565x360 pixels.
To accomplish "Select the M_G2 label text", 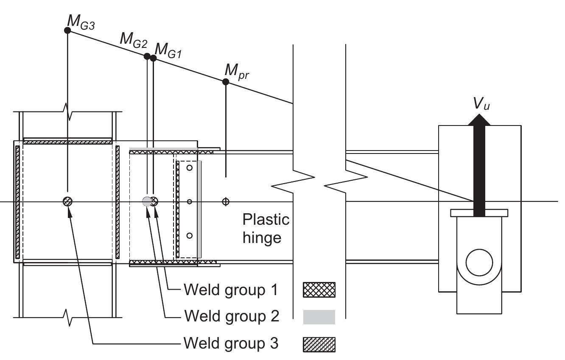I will [134, 39].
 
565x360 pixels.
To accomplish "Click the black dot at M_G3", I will [67, 30].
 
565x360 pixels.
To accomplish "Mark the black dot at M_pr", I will [226, 82].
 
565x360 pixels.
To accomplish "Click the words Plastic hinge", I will [266, 228].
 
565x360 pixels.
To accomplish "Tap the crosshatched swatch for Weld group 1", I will [319, 290].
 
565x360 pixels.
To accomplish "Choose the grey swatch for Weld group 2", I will [319, 317].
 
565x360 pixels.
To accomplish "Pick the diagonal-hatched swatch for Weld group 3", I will [319, 344].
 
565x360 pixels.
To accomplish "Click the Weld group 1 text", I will [231, 290].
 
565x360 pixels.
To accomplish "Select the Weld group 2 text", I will [231, 317].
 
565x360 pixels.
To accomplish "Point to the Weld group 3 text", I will [231, 343].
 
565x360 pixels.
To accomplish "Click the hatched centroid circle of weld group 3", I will [67, 201].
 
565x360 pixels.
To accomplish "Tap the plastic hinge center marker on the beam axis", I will [226, 201].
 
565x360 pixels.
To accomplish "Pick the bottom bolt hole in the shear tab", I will [190, 235].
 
